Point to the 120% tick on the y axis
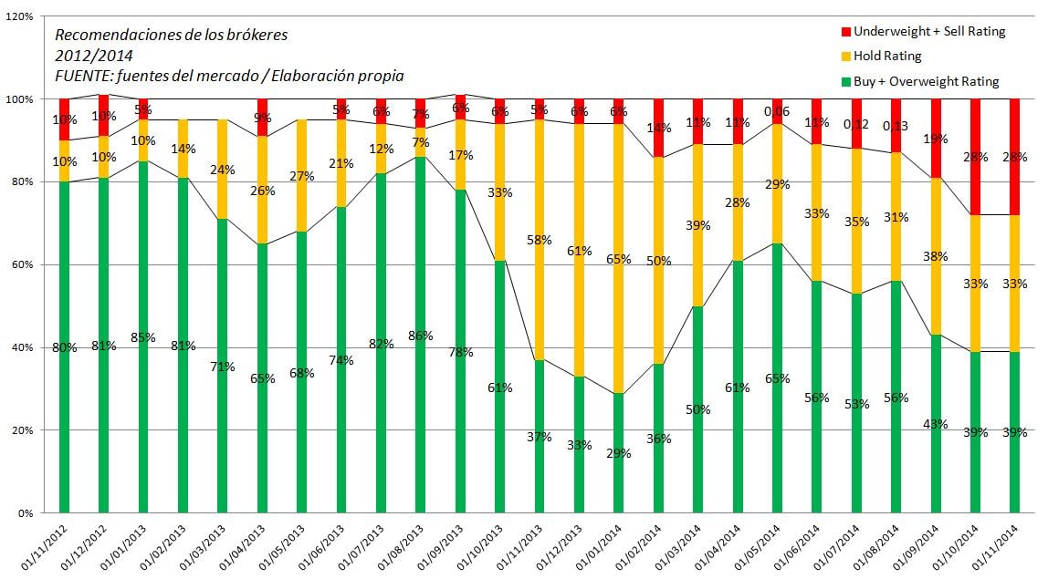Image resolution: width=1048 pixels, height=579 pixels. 21,16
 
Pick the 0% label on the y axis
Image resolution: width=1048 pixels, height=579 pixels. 26,512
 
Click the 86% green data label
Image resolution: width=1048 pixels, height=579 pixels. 421,336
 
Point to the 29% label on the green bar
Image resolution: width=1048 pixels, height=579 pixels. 619,453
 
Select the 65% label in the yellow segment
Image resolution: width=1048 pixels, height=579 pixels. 619,259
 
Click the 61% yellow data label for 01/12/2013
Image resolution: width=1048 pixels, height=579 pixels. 579,251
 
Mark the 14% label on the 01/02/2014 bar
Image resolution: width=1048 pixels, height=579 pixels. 658,129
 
